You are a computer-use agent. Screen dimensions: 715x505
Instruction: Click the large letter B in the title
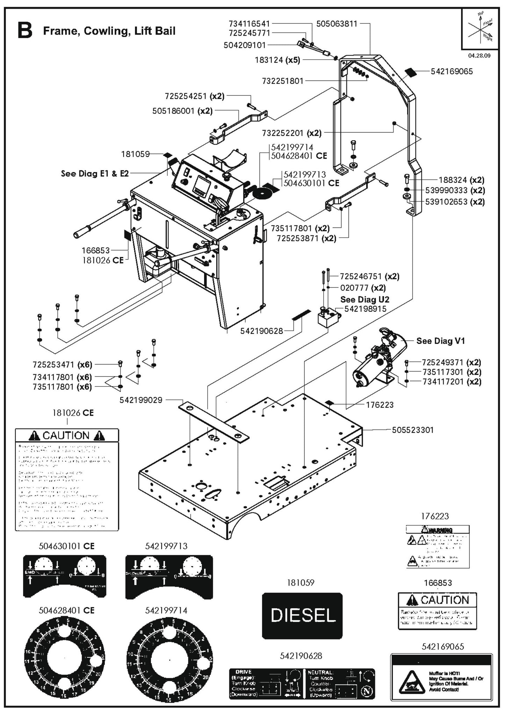tap(25, 31)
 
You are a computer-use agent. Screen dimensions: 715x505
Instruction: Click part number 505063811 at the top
tap(337, 24)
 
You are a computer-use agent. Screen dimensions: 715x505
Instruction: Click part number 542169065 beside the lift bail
tap(452, 71)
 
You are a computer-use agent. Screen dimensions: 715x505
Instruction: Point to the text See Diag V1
tap(441, 341)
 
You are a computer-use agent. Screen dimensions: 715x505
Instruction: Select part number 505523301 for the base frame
tap(412, 430)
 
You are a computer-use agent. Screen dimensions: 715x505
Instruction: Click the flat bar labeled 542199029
tap(214, 423)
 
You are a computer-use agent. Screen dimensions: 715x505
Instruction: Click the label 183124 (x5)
tap(277, 60)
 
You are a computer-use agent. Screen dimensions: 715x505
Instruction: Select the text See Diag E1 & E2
tap(95, 173)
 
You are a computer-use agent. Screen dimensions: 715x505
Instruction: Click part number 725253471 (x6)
tap(62, 365)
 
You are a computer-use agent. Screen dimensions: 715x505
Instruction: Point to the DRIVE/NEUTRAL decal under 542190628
tap(302, 683)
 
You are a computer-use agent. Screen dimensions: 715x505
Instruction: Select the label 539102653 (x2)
tap(455, 202)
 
